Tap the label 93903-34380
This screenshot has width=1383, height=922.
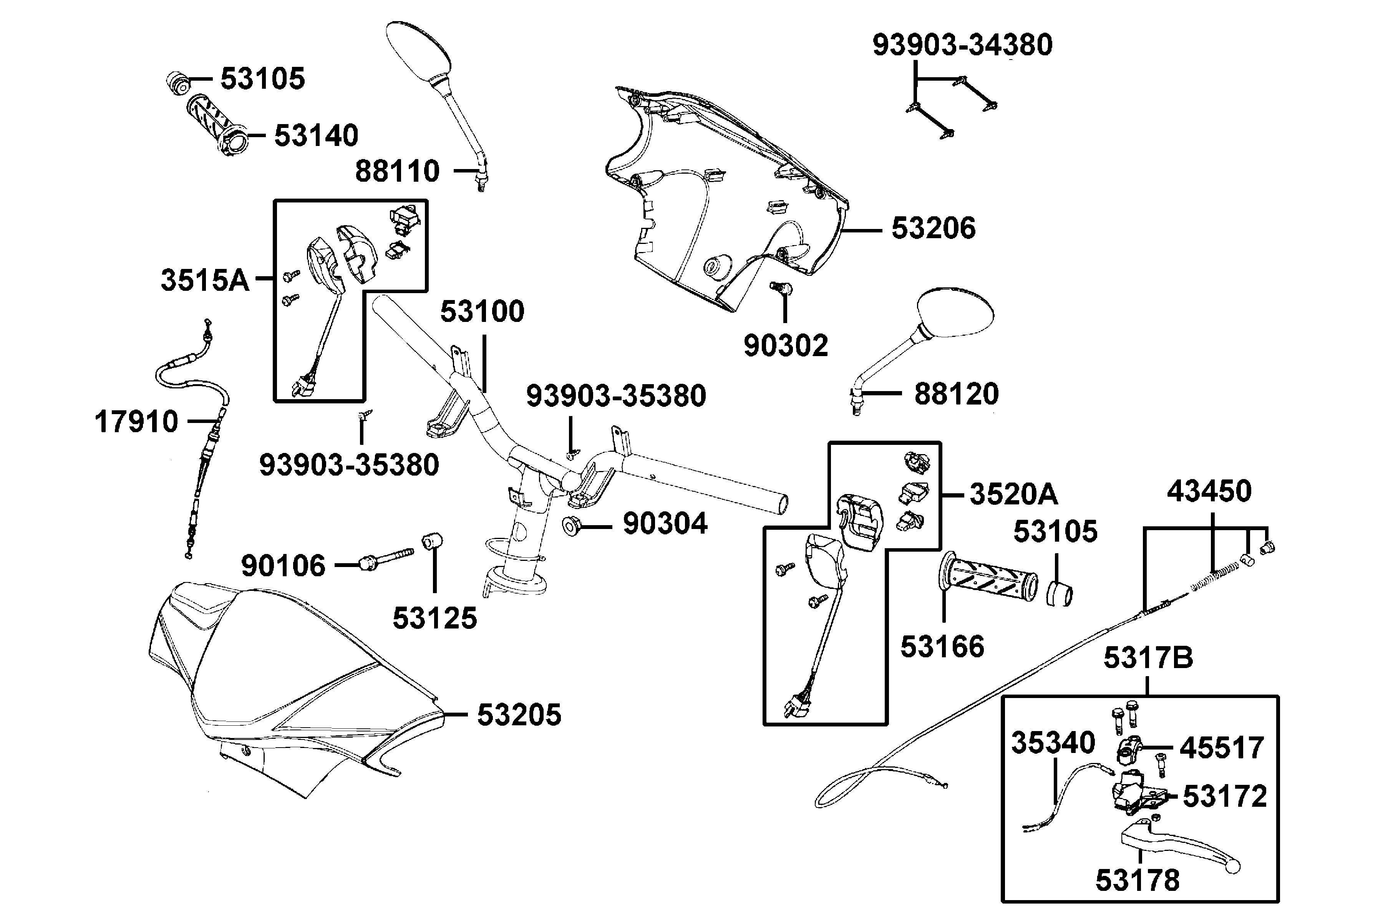point(962,45)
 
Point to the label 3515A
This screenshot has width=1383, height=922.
point(205,280)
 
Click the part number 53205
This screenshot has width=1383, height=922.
point(519,715)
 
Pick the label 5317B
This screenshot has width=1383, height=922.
point(1148,657)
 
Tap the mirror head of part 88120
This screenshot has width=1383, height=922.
point(955,313)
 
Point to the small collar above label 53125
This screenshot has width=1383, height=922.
point(432,541)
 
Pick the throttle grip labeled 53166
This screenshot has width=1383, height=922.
point(987,579)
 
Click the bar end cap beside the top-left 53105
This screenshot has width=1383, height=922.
point(177,82)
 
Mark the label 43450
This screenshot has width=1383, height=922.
point(1209,491)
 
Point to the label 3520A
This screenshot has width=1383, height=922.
point(1013,494)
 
